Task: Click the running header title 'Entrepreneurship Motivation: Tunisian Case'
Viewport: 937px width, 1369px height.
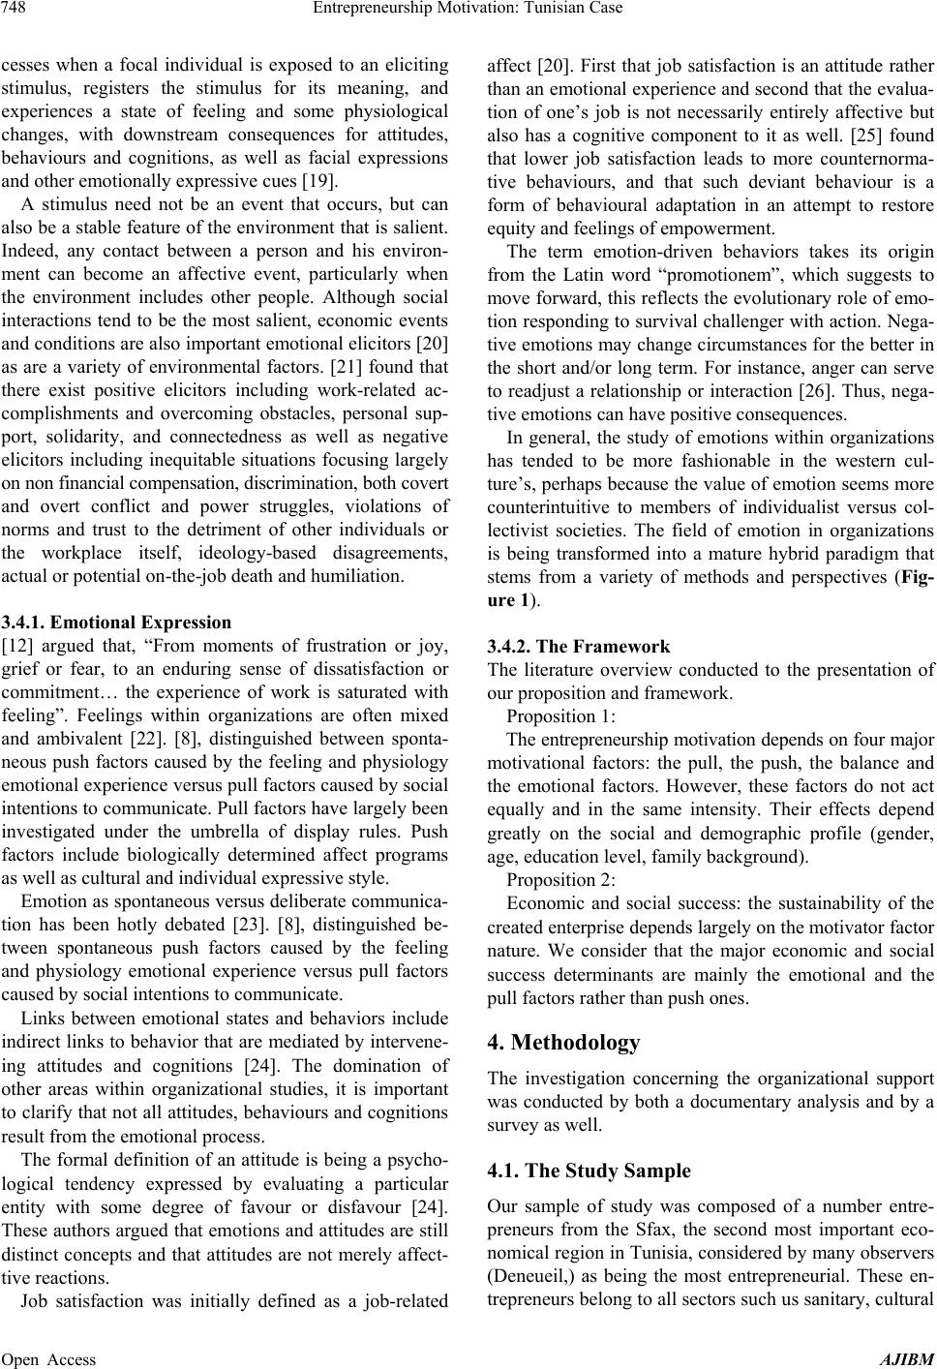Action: point(468,10)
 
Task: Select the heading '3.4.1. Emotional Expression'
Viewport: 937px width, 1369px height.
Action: point(116,623)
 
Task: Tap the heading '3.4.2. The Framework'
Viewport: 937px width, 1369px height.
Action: point(576,646)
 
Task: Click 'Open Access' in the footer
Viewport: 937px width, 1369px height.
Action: point(48,1358)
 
